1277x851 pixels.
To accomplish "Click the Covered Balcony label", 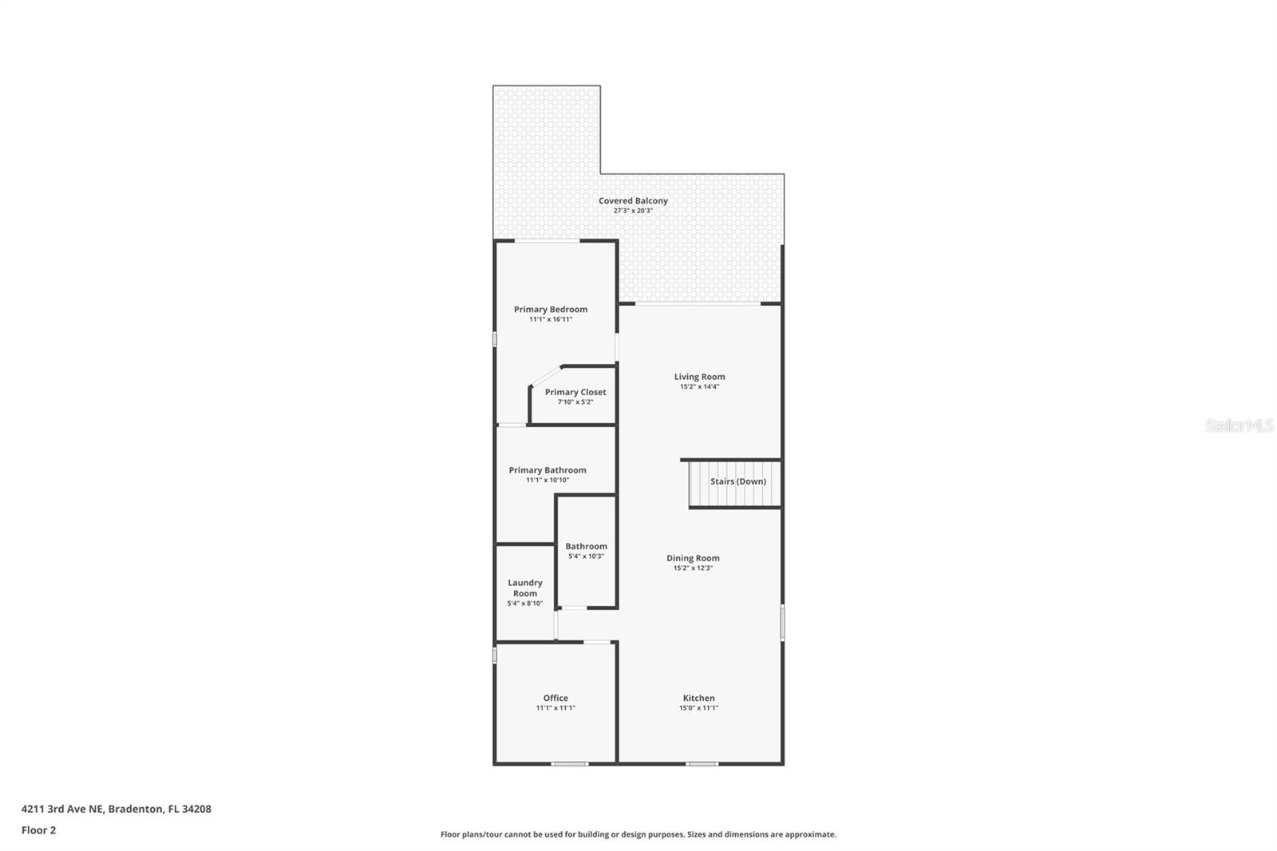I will pyautogui.click(x=633, y=200).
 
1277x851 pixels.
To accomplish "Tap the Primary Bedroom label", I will pyautogui.click(x=551, y=309).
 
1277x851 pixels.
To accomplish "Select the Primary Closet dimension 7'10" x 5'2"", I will pyautogui.click(x=575, y=402).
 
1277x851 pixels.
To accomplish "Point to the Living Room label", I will pyautogui.click(x=699, y=377).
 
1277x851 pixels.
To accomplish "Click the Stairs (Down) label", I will pyautogui.click(x=738, y=481).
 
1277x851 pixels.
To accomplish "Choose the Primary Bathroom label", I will pyautogui.click(x=548, y=470).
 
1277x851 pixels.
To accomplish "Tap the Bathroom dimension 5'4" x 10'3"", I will pyautogui.click(x=586, y=556).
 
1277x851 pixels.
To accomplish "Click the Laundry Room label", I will pyautogui.click(x=525, y=588).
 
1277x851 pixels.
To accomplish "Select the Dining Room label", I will pyautogui.click(x=693, y=558).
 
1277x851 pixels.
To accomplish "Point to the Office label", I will pyautogui.click(x=555, y=698).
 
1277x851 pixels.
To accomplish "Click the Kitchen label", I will pyautogui.click(x=698, y=698).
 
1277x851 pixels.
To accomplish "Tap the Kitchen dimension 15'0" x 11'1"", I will pyautogui.click(x=698, y=708).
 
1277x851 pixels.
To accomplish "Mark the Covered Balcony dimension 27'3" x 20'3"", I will pyautogui.click(x=633, y=211).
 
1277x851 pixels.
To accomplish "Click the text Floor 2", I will pyautogui.click(x=38, y=830).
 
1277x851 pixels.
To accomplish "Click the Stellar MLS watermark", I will pyautogui.click(x=1239, y=425).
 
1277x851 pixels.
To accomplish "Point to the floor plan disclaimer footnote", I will pyautogui.click(x=638, y=834).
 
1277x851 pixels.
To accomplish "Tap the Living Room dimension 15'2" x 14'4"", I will pyautogui.click(x=699, y=386).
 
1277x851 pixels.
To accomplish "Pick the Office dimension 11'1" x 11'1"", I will pyautogui.click(x=555, y=708).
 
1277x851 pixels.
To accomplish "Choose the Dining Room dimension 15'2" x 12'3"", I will pyautogui.click(x=693, y=568).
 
